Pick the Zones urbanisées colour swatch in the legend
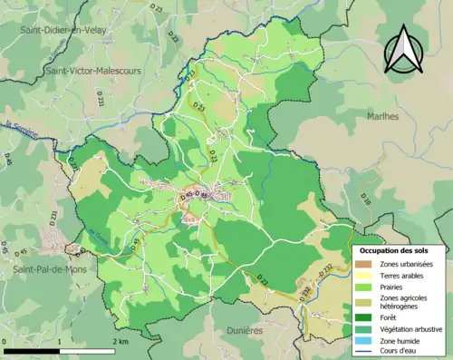point(366,264)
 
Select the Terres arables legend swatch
point(366,275)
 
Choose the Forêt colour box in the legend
point(366,316)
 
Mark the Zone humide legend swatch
point(366,340)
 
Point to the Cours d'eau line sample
point(366,351)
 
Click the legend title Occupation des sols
point(400,250)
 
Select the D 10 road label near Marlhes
point(366,197)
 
